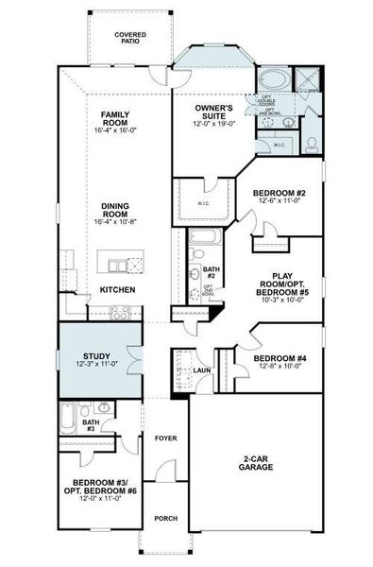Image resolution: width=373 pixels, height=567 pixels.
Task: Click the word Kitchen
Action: tap(118, 289)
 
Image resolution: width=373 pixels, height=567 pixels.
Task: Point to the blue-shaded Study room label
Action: tap(96, 358)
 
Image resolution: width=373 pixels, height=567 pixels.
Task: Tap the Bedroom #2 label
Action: tap(276, 195)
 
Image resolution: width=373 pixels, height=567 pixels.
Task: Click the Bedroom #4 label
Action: tap(279, 359)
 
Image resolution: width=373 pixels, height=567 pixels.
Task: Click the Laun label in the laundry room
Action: tap(201, 370)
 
